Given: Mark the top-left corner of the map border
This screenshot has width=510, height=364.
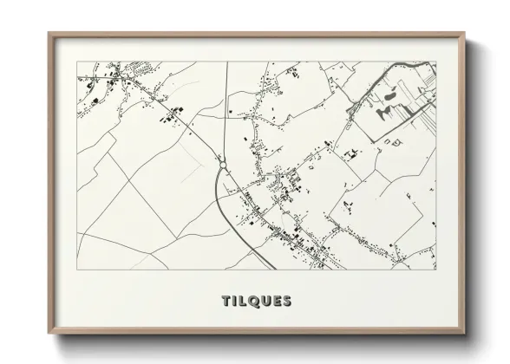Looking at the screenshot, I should (x=76, y=62).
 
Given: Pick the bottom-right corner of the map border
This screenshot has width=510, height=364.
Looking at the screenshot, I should (x=437, y=270).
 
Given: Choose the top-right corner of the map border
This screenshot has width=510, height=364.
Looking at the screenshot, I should (x=437, y=62).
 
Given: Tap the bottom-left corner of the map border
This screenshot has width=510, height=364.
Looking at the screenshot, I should (x=76, y=270).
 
